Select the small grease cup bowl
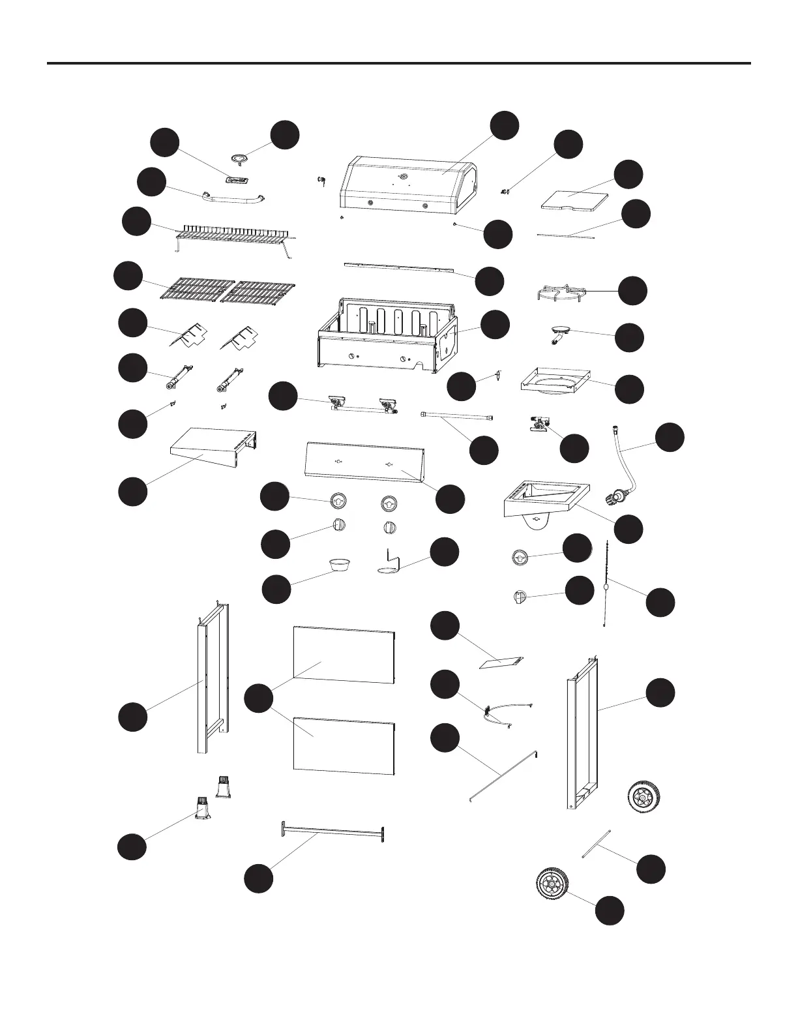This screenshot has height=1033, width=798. point(338,564)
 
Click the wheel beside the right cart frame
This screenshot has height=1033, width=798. point(643,797)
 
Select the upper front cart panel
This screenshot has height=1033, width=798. point(344,655)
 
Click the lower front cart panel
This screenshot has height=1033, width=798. point(344,746)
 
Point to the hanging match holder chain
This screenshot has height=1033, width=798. point(607,587)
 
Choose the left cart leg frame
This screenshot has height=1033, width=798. point(210,678)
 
